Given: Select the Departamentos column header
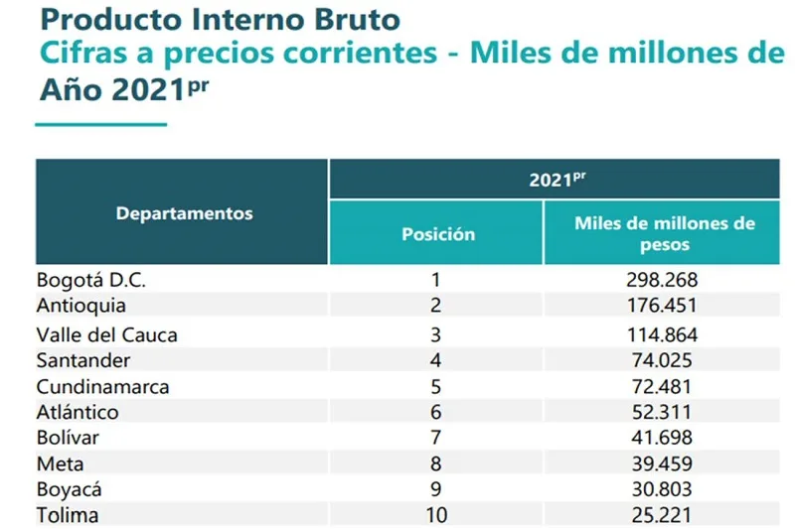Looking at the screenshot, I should [184, 213].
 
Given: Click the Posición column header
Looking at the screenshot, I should [437, 234].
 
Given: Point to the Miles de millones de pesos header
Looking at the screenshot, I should [664, 233].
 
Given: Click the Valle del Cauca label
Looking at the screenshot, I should [106, 334].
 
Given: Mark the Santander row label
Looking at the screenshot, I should [82, 359].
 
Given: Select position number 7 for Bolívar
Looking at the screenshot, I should [435, 438].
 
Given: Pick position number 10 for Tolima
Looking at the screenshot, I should [435, 515].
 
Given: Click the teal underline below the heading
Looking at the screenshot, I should [100, 125].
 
